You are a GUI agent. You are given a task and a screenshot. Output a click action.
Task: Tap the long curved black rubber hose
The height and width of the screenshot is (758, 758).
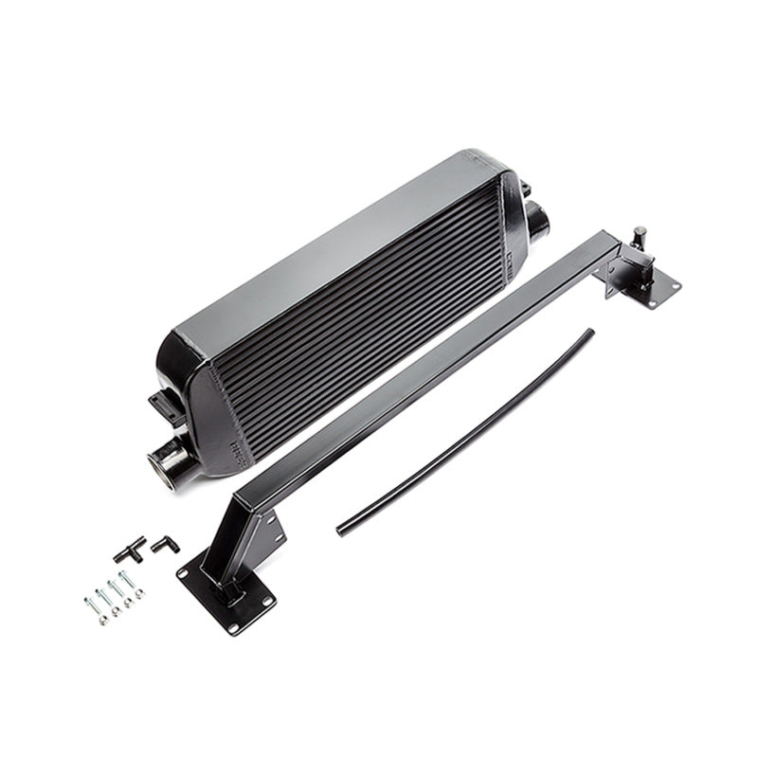tap(464, 431)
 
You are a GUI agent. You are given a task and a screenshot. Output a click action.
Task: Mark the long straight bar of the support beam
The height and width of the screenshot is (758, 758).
tap(426, 370)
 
